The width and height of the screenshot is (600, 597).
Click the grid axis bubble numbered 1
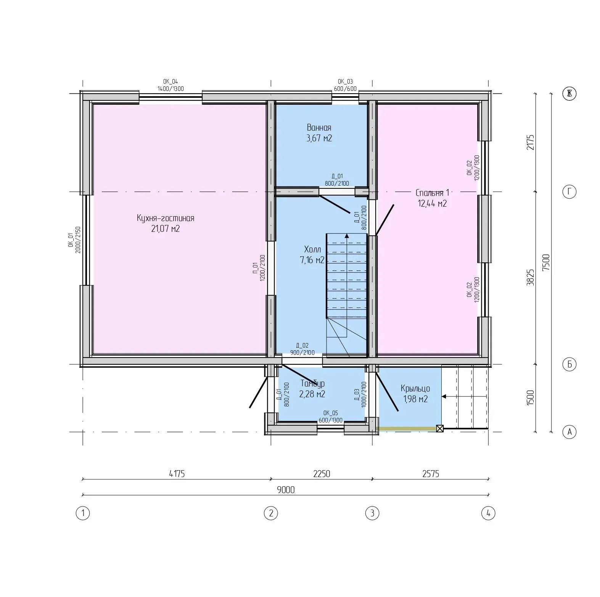pos(83,513)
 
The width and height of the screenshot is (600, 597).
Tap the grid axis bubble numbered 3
pos(372,513)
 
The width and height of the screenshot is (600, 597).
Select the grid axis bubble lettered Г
pos(569,192)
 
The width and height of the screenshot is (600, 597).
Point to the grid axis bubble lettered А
pos(569,432)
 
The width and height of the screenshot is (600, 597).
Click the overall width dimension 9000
pos(286,490)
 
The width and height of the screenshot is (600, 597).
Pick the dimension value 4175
pos(177,474)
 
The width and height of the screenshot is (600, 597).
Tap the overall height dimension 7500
pos(546,262)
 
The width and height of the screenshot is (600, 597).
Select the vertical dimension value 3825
pos(530,277)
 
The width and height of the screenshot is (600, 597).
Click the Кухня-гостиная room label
pos(166,218)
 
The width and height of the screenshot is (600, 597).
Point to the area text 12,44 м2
pos(432,203)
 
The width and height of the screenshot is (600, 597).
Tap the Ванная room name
pos(319,128)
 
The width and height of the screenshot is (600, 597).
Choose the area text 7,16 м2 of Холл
pos(312,260)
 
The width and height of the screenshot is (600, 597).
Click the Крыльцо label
pos(415,388)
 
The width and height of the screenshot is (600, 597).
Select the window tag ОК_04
pos(171,81)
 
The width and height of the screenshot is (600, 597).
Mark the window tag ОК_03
pos(345,81)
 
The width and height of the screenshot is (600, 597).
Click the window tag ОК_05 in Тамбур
pos(331,413)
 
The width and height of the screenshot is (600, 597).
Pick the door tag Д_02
pos(302,346)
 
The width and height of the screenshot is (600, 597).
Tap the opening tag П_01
pos(254,267)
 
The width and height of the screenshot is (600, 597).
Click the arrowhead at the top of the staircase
pos(347,236)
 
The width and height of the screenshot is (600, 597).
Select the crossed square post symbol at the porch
pos(440,429)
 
